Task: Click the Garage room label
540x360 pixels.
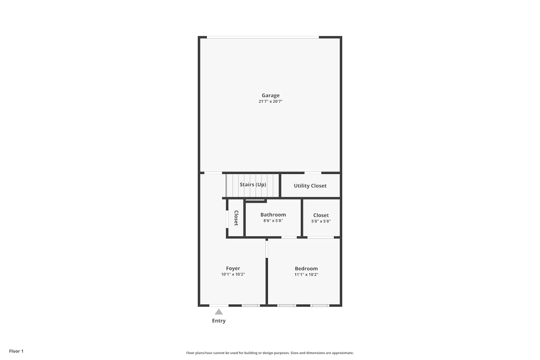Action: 270,95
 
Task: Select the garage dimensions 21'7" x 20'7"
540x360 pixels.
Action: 270,101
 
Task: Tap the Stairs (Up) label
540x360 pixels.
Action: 253,185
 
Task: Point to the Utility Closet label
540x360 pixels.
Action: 310,186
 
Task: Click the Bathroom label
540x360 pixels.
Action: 273,215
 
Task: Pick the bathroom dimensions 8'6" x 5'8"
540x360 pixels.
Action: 273,221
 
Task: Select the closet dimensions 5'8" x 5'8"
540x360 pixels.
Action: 321,221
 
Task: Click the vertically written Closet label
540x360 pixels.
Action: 236,218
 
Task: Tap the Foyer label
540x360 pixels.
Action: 233,268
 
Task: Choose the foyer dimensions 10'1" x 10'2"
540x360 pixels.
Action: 233,274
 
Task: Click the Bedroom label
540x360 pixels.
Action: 306,269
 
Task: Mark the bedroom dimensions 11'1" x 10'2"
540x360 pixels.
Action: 306,274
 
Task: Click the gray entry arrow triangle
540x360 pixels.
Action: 219,312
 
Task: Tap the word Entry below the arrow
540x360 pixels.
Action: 219,321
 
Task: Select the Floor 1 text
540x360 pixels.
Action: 16,351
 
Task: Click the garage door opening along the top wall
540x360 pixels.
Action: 263,37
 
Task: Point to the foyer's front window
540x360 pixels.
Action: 251,306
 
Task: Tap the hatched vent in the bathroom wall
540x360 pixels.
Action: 255,200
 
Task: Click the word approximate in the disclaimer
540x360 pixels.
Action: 343,353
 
